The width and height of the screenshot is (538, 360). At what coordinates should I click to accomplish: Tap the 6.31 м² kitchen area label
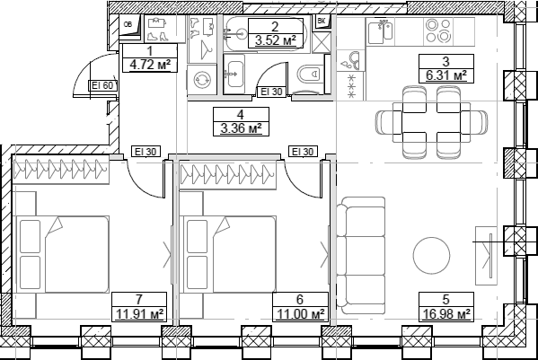[x=445, y=76]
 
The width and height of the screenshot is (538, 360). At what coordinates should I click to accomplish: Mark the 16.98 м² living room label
[x=446, y=313]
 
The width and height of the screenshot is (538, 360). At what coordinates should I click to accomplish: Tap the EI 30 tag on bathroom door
[x=269, y=92]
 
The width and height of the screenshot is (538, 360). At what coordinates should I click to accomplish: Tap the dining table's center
[x=427, y=119]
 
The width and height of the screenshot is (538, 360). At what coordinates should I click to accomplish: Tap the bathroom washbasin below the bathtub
[x=233, y=72]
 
